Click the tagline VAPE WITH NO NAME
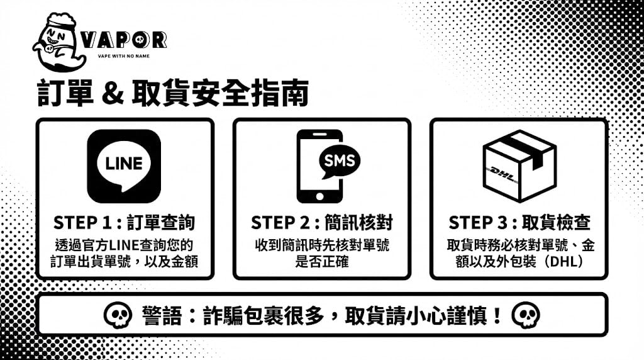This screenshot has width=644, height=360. [x=124, y=56]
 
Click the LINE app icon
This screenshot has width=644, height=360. [x=124, y=166]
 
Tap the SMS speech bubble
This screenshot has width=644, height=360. [x=339, y=161]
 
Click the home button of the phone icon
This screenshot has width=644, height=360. [x=319, y=196]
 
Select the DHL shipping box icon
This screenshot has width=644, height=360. [x=519, y=166]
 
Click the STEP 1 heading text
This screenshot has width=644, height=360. [x=124, y=223]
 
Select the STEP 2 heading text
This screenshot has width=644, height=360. [x=322, y=223]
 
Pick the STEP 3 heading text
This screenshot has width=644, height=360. [x=519, y=223]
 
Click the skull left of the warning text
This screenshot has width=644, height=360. [x=118, y=315]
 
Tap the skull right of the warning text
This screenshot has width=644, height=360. [x=526, y=315]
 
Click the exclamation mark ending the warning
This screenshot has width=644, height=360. [x=497, y=315]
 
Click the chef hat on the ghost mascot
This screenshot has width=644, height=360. [x=60, y=20]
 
